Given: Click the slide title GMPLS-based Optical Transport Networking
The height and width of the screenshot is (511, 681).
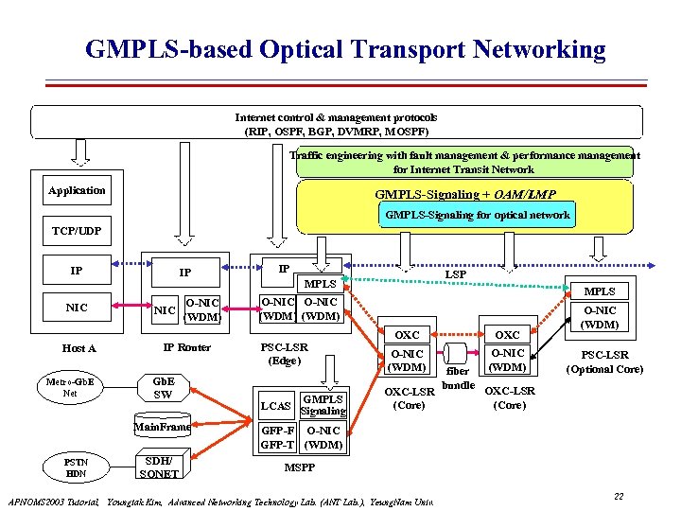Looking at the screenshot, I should (345, 49).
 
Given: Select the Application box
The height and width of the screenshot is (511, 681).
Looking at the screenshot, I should (78, 190).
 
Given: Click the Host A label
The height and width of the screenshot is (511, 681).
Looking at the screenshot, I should (79, 348).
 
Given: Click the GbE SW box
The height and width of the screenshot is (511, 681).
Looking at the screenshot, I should (163, 388).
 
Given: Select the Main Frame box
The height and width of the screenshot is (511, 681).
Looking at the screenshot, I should (163, 428).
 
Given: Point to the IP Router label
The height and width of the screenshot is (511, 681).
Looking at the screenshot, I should (187, 347).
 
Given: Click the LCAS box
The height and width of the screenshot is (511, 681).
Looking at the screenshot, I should (275, 406).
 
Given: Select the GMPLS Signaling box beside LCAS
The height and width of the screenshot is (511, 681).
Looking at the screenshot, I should (323, 405).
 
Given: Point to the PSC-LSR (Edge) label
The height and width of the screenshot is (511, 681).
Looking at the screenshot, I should (285, 354).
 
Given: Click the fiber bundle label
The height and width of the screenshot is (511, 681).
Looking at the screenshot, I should (458, 379).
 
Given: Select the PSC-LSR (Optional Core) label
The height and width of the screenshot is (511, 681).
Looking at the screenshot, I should (604, 362).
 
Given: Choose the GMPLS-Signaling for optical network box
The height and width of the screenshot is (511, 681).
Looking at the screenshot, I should (475, 215).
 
